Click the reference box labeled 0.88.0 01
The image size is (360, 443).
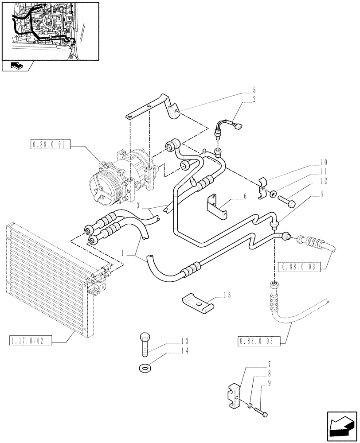49,144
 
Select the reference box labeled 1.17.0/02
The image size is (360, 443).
30,340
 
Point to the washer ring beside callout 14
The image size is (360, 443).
144,367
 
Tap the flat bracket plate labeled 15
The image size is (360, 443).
197,304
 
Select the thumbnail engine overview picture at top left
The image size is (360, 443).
50,30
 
